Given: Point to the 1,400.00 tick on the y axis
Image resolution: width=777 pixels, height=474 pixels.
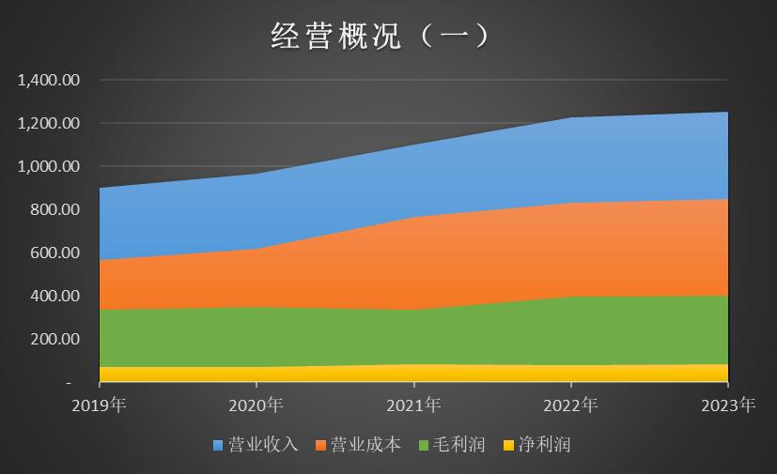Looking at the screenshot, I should click(50, 81).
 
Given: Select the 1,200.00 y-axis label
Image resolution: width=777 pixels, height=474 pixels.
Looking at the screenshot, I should click(50, 124).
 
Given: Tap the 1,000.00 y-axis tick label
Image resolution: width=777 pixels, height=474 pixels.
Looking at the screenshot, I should click(50, 167).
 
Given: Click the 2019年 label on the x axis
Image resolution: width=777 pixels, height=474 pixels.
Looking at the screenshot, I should click(100, 405).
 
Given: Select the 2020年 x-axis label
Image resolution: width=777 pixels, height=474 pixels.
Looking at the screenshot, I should click(256, 405).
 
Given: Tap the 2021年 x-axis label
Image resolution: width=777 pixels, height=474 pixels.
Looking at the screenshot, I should click(413, 405).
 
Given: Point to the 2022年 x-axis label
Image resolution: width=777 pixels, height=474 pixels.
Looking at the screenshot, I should click(570, 405).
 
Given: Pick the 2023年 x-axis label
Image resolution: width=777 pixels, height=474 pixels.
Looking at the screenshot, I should click(727, 405).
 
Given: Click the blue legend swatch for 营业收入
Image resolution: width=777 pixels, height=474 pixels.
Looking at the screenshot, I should click(218, 445).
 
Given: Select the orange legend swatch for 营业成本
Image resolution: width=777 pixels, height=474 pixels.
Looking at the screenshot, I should click(321, 445).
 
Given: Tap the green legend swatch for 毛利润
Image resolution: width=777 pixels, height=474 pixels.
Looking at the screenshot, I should click(425, 445).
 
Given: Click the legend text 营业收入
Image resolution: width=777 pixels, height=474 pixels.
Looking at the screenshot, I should click(263, 445).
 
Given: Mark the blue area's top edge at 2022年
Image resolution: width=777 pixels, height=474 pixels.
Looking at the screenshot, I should click(570, 118).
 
